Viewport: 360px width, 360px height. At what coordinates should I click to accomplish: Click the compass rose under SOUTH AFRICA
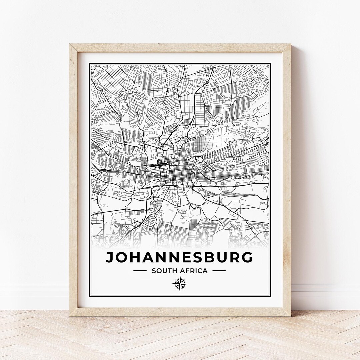[180, 284]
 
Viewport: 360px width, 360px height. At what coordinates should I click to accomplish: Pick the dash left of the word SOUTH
[140, 271]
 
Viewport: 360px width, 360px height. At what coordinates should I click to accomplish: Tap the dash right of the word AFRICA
[219, 271]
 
